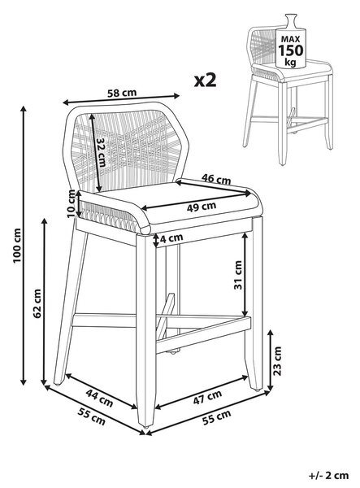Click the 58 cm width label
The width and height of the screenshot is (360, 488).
pyautogui.click(x=122, y=93)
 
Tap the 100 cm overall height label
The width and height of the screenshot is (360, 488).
pyautogui.click(x=17, y=246)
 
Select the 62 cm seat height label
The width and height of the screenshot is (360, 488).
pyautogui.click(x=37, y=303)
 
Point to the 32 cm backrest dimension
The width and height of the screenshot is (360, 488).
pyautogui.click(x=101, y=152)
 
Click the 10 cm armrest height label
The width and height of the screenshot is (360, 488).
pyautogui.click(x=72, y=203)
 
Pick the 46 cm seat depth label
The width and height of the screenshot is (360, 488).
pyautogui.click(x=216, y=179)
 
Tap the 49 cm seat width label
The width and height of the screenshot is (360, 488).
pyautogui.click(x=202, y=207)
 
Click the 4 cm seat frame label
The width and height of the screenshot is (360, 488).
pyautogui.click(x=171, y=237)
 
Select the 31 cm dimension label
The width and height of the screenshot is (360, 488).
pyautogui.click(x=238, y=275)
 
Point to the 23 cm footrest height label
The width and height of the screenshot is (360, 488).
pyautogui.click(x=276, y=360)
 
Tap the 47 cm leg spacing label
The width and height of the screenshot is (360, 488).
pyautogui.click(x=207, y=397)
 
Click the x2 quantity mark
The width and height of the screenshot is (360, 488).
pyautogui.click(x=205, y=80)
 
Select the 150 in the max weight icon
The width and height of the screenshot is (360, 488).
pyautogui.click(x=290, y=50)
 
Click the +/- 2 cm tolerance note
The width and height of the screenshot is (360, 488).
pyautogui.click(x=329, y=476)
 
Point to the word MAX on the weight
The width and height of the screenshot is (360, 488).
pyautogui.click(x=291, y=39)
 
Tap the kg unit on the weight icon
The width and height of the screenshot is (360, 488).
pyautogui.click(x=291, y=63)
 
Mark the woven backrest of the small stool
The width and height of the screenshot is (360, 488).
pyautogui.click(x=262, y=46)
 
